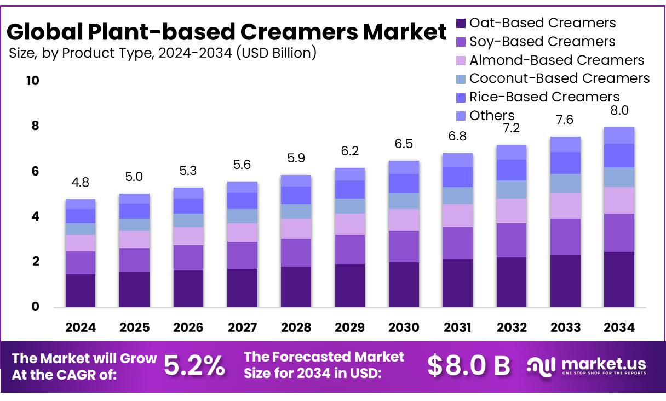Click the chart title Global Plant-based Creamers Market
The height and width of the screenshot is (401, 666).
pyautogui.click(x=226, y=32)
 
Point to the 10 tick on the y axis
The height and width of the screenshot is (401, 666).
pyautogui.click(x=32, y=81)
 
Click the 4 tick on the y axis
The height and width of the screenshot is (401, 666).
pyautogui.click(x=35, y=217)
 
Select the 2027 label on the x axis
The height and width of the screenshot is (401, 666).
pyautogui.click(x=242, y=327)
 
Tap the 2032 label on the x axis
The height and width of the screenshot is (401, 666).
pyautogui.click(x=512, y=327)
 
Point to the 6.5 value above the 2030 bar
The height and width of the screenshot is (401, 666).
pyautogui.click(x=404, y=144)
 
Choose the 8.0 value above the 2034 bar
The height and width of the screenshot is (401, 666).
pyautogui.click(x=619, y=110)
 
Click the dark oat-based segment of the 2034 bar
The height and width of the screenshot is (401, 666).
pyautogui.click(x=619, y=279)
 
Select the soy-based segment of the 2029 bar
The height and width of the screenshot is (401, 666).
pyautogui.click(x=350, y=250)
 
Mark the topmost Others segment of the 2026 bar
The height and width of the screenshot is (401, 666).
pyautogui.click(x=188, y=193)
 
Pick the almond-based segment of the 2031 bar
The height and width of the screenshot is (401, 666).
pyautogui.click(x=458, y=216)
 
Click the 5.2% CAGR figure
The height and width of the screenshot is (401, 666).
pyautogui.click(x=194, y=366)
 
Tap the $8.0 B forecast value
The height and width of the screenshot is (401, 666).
pyautogui.click(x=468, y=366)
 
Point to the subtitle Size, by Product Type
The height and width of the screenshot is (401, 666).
pyautogui.click(x=163, y=53)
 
